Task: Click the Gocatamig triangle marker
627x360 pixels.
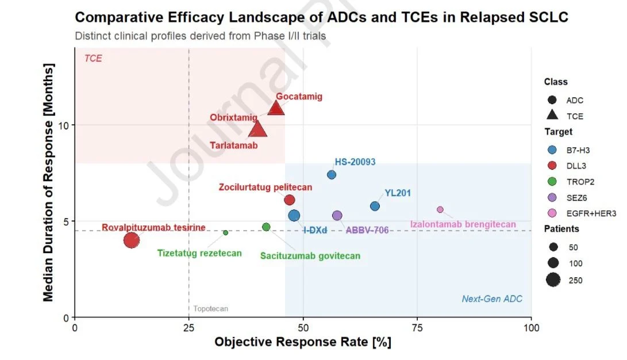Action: coord(276,108)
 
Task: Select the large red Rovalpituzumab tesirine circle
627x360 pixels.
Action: coord(131,240)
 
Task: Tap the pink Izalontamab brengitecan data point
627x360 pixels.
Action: coord(440,209)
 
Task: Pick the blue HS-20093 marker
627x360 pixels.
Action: coord(332,175)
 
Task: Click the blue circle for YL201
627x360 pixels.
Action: coord(375,206)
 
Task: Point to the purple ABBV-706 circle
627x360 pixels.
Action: coord(337,216)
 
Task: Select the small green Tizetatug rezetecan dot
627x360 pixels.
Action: coord(225,232)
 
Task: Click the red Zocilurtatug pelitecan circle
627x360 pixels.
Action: coord(290,200)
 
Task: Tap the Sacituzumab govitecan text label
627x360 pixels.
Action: coord(310,256)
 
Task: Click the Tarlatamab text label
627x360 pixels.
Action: coord(234,145)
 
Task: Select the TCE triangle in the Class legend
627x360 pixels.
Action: coord(553,116)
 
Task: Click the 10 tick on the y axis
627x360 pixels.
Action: coord(64,125)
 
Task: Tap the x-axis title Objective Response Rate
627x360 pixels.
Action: coord(303,342)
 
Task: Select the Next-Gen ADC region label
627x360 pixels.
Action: coord(492,299)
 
